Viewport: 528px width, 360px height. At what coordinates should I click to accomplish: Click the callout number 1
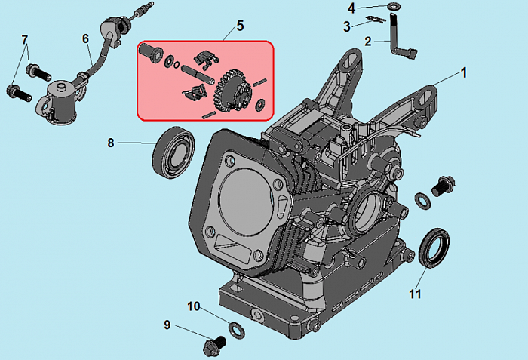(x=464, y=73)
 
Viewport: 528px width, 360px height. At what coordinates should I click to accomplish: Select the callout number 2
(x=367, y=42)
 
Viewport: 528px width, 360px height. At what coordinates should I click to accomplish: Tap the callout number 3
(x=347, y=26)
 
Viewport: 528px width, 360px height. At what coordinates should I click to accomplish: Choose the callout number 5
(x=240, y=26)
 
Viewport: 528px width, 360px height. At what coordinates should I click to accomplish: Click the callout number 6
(x=85, y=38)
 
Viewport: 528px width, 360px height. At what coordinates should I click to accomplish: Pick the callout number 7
(x=24, y=39)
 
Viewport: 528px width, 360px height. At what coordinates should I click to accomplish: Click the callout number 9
(x=167, y=325)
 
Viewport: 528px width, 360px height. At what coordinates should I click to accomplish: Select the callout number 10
(x=194, y=306)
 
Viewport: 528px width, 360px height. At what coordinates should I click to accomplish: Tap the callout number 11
(x=415, y=294)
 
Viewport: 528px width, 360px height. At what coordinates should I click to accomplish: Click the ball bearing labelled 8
(x=174, y=152)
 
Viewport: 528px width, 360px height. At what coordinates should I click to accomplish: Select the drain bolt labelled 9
(x=213, y=345)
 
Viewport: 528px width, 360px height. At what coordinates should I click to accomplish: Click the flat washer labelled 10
(x=235, y=328)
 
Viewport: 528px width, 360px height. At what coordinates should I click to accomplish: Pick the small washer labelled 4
(x=394, y=7)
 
